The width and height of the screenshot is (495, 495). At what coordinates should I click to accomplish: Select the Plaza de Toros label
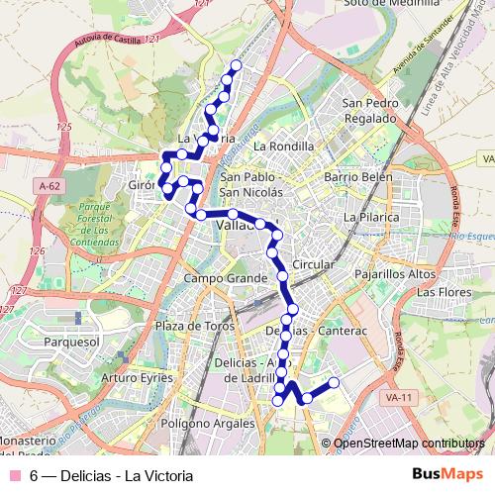point(193,326)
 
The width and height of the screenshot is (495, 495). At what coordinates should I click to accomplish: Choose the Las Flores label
point(442,293)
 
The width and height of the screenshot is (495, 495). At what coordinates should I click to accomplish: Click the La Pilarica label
point(369,216)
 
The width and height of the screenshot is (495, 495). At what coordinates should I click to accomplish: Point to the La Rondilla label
point(283,146)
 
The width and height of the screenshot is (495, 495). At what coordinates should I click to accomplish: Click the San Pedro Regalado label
point(369,110)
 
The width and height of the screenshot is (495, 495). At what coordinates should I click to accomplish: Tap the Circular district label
point(314,265)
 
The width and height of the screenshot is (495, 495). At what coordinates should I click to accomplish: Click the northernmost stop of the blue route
point(236,65)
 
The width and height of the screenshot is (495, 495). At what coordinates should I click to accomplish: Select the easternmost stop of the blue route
point(334,382)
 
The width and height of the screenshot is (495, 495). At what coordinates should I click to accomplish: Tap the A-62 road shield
point(49,185)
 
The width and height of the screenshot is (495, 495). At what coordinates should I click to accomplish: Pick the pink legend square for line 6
point(14,476)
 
